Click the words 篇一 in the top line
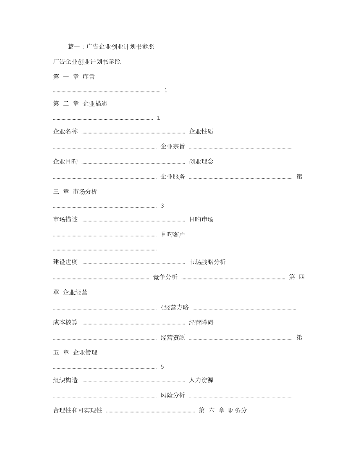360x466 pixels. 74,47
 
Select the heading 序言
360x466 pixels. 88,77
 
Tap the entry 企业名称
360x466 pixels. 65,131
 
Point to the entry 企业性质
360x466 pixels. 201,131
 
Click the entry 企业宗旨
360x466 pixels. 173,146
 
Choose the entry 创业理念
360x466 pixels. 201,161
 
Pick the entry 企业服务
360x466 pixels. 173,176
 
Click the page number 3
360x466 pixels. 162,206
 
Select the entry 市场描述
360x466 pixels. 65,220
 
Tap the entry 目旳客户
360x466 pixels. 173,234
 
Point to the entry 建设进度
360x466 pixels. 65,262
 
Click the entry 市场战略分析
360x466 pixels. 207,262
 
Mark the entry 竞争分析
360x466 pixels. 166,277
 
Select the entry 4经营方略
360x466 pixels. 175,307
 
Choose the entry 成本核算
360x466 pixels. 65,322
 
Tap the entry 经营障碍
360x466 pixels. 201,322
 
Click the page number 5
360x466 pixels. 162,367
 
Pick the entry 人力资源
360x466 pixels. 201,380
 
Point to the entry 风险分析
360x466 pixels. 173,395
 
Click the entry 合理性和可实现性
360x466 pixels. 77,410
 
